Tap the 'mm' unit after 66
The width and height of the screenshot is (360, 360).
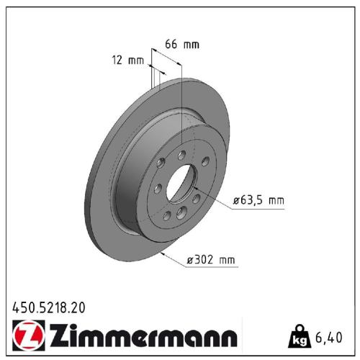point(191,44)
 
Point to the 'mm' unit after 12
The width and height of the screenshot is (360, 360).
point(136,61)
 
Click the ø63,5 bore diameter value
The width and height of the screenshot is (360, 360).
point(248,201)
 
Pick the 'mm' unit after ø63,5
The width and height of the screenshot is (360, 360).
point(276,201)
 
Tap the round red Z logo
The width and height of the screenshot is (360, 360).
point(25,336)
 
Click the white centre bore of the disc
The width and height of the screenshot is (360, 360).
point(181,184)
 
